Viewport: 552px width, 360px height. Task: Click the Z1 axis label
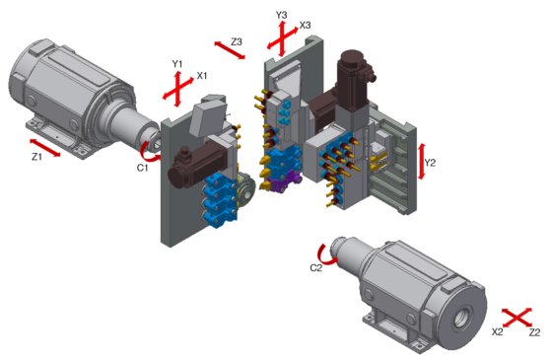[x=36, y=157]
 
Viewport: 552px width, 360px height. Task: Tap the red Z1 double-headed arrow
[x=45, y=148]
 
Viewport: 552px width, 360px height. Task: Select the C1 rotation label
[x=142, y=168]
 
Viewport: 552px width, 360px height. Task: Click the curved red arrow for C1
[x=148, y=152]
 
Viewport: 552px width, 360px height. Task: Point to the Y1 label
[x=177, y=64]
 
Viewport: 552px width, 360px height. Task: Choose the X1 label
[x=202, y=75]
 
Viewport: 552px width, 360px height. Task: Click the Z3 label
[x=237, y=41]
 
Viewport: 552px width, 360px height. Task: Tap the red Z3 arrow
[x=230, y=50]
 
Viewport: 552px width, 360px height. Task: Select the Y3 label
[x=281, y=15]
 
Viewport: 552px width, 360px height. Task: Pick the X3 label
[x=305, y=25]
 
